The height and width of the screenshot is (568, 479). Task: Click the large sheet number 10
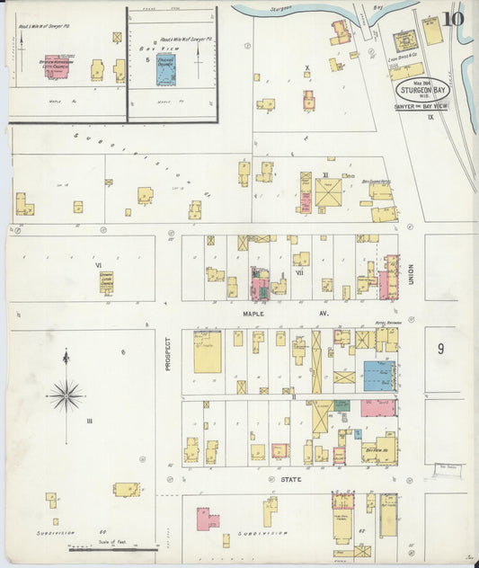coord(453,19)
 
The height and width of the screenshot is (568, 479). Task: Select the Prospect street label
coord(167,354)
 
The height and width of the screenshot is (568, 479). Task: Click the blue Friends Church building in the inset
coord(166,69)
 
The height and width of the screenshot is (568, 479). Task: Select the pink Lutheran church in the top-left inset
coord(59,67)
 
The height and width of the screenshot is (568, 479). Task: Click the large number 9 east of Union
coord(441,349)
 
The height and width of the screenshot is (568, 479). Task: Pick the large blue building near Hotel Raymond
coord(378,375)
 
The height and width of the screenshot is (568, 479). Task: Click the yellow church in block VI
coord(106,282)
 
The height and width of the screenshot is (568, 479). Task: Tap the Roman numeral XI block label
coord(325,176)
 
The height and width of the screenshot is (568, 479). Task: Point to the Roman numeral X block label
coord(306,68)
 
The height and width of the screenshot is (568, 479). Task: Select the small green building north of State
coord(342,405)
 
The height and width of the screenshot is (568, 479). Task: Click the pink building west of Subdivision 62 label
coord(207,519)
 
